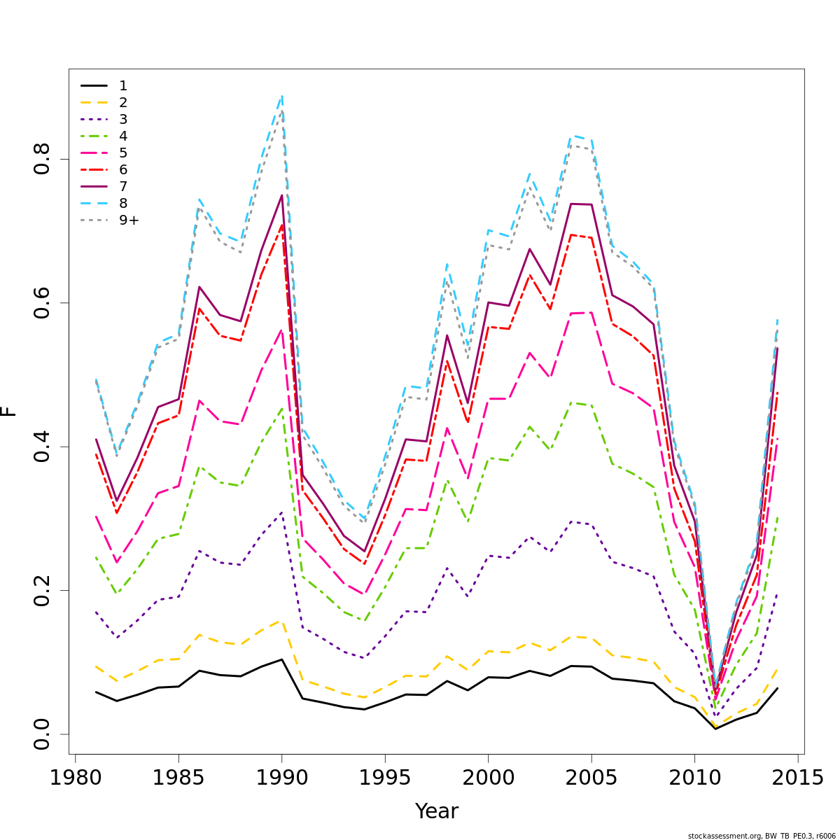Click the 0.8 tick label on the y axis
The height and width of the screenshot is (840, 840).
(42, 160)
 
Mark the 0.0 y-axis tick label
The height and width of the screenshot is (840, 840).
(42, 734)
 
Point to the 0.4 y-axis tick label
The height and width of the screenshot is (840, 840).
(42, 447)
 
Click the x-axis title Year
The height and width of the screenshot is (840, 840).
(437, 811)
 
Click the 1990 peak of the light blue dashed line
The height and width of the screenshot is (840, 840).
(281, 96)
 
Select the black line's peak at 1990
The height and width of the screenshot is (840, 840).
(281, 659)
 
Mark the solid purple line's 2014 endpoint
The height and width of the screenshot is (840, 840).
(777, 349)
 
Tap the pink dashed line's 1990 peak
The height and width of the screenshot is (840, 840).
(281, 330)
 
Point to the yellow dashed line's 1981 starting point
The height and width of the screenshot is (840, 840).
(96, 666)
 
